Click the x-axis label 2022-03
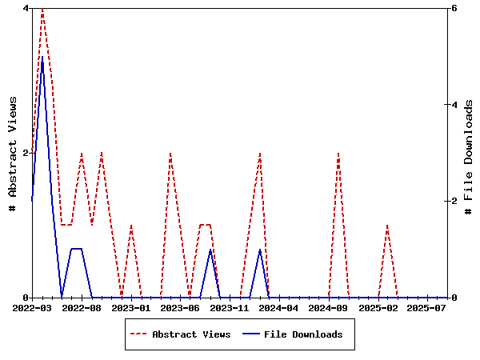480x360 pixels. click(32, 307)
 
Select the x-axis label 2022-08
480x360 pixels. click(82, 307)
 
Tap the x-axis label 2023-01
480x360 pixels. click(130, 307)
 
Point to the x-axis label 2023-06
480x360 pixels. click(180, 307)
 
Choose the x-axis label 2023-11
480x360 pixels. click(230, 307)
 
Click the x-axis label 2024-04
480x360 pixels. click(279, 307)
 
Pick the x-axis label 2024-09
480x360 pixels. click(328, 307)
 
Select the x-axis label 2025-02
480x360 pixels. click(378, 307)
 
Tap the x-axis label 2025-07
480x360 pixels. click(427, 307)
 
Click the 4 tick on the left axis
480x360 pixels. click(26, 8)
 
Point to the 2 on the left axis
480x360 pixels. click(26, 153)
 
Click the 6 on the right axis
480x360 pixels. click(454, 8)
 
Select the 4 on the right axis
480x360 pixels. click(454, 105)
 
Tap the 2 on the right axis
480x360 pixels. click(454, 201)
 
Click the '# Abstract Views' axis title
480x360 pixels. click(12, 153)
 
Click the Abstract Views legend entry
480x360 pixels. click(191, 334)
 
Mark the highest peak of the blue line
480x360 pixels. click(42, 57)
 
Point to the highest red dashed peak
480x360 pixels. click(42, 8)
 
